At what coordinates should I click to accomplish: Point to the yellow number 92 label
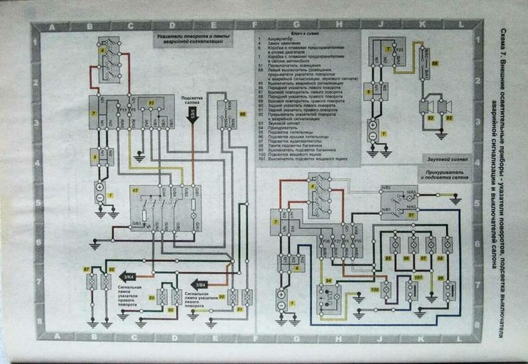point(151,104)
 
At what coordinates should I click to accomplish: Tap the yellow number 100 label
point(375,289)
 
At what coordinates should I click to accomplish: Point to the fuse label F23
point(398,50)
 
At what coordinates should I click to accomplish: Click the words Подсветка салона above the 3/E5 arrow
point(192,100)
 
